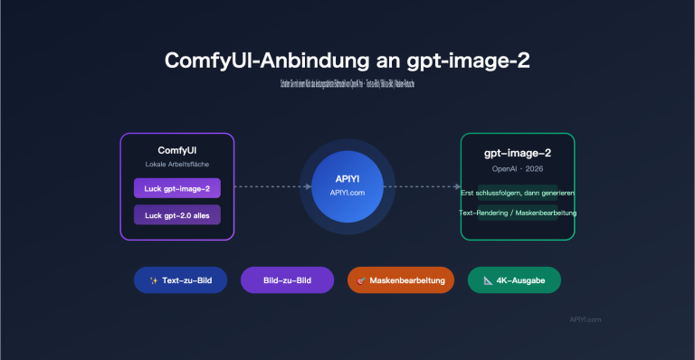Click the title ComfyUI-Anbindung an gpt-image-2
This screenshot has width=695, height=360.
[347, 61]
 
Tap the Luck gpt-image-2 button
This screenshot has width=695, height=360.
[177, 188]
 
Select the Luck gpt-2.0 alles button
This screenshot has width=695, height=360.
[177, 215]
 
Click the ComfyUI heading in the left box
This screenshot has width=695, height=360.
[177, 149]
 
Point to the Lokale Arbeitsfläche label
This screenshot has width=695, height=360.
[177, 165]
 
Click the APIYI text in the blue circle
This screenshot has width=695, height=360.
[347, 178]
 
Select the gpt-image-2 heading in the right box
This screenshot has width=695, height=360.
[517, 154]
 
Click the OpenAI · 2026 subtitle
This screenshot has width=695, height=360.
[517, 170]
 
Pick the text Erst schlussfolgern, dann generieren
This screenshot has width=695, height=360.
[518, 194]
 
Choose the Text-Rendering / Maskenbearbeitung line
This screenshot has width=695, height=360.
[518, 213]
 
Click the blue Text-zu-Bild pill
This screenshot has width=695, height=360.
[180, 280]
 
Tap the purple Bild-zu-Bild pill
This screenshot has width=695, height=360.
[287, 280]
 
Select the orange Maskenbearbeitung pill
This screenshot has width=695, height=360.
[400, 280]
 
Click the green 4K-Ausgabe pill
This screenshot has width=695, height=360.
[514, 280]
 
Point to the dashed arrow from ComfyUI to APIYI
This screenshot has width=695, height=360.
[267, 187]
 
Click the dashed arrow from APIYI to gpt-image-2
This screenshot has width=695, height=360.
[425, 187]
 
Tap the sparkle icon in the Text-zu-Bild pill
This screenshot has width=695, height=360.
[153, 280]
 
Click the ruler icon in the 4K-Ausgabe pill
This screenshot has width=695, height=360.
[488, 280]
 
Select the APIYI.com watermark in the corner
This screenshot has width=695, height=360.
[585, 319]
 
